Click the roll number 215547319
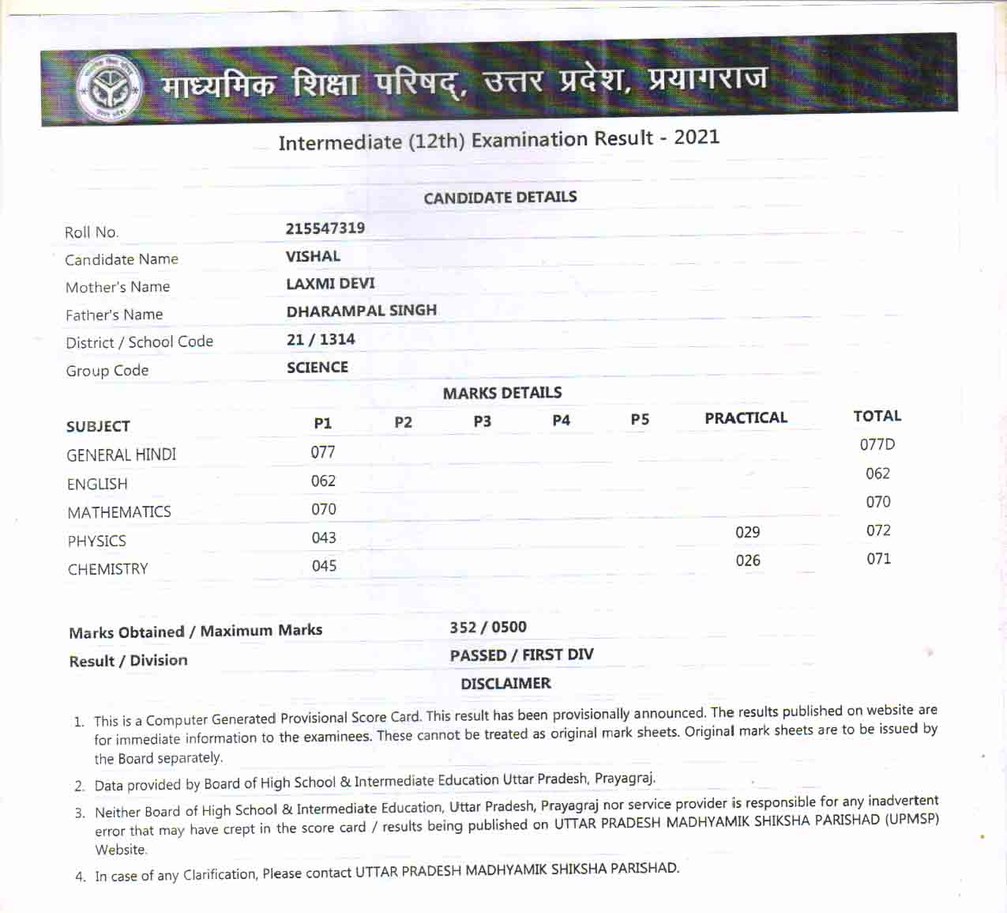pos(325,228)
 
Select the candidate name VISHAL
pos(313,256)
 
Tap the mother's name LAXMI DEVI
pos(330,283)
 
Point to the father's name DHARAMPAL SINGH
pos(361,311)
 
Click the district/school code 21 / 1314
pos(321,339)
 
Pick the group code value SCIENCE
pos(317,367)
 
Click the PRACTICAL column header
pos(746,417)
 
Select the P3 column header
pos(482,421)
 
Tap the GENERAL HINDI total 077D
pos(877,444)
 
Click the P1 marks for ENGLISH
pos(323,481)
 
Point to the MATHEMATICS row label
pos(119,512)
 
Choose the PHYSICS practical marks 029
pos(747,532)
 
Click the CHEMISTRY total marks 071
pos(878,559)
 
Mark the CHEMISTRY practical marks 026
pos(747,560)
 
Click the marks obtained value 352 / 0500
pos(488,627)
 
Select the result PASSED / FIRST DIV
pos(521,655)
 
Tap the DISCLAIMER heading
pos(505,683)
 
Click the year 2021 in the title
pos(697,137)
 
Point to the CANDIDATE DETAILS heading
pos(500,197)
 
